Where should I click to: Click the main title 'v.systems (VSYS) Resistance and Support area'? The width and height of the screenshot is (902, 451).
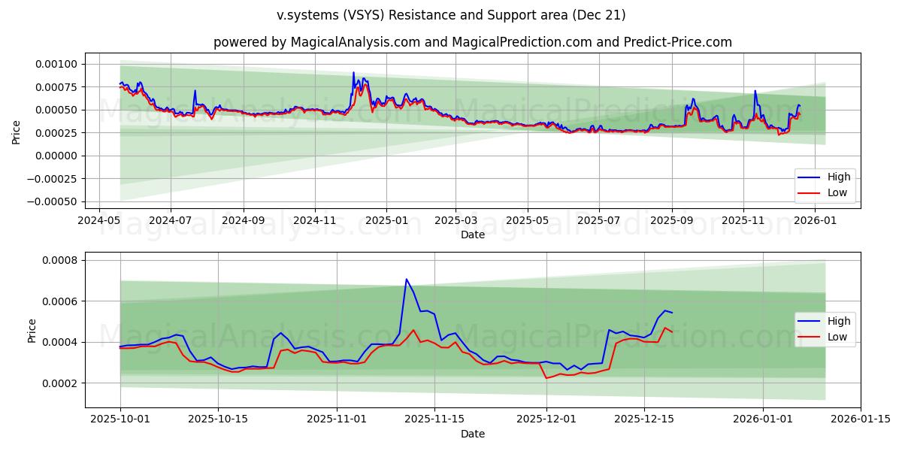coord(451,15)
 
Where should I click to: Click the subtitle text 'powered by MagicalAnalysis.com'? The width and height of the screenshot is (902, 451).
coord(316,42)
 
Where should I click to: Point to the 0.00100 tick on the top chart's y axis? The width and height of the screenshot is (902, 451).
coord(56,64)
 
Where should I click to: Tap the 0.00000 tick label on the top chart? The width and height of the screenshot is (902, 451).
coord(56,156)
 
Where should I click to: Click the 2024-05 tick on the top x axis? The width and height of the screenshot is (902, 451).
coord(100,221)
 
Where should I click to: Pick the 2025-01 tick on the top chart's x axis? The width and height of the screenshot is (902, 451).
coord(386,221)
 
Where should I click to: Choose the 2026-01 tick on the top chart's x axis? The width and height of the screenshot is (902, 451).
coord(815,221)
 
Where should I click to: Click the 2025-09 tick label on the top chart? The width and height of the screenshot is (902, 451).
coord(671,221)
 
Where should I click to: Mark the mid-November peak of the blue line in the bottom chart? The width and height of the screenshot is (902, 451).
coord(406,279)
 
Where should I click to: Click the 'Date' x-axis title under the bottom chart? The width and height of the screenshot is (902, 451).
coord(473,434)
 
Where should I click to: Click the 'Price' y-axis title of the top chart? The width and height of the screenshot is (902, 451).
coord(17,132)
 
